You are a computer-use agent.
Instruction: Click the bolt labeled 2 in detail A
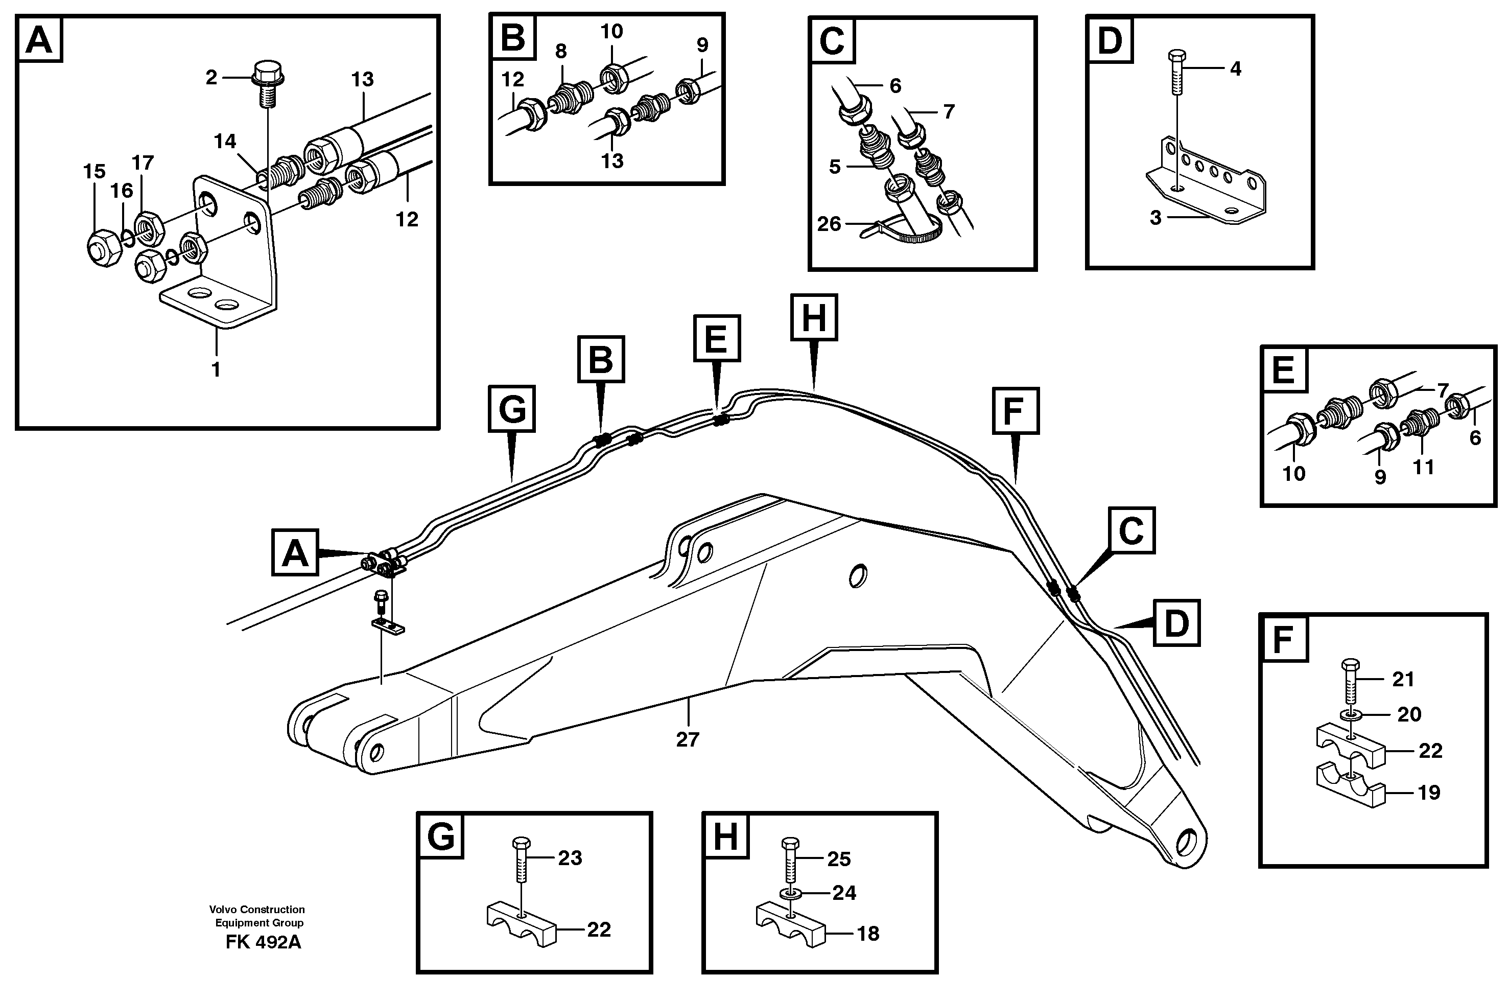pyautogui.click(x=268, y=83)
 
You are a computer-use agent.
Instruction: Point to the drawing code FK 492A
pyautogui.click(x=263, y=942)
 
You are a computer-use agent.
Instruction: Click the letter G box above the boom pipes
pyautogui.click(x=511, y=408)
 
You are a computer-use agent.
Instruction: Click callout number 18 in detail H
pyautogui.click(x=867, y=934)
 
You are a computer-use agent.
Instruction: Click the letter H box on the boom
pyautogui.click(x=813, y=317)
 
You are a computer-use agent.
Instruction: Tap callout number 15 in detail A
pyautogui.click(x=95, y=171)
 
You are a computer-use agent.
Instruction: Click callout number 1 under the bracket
pyautogui.click(x=216, y=369)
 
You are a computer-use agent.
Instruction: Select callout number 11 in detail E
pyautogui.click(x=1423, y=467)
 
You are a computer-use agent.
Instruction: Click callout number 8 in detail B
pyautogui.click(x=560, y=51)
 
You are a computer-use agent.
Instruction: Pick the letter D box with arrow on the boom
pyautogui.click(x=1176, y=623)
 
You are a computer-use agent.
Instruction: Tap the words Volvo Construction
pyautogui.click(x=257, y=910)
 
